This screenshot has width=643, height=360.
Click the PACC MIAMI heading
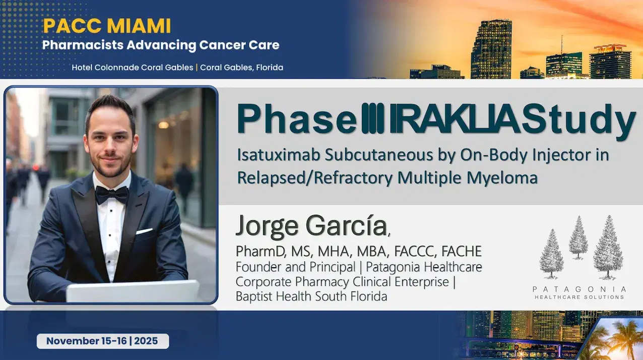tap(107, 25)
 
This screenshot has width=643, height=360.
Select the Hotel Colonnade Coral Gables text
tap(132, 67)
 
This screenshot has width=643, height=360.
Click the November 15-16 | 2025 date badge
tap(102, 341)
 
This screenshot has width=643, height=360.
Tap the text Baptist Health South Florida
tap(311, 296)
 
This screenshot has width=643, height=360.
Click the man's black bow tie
tap(112, 194)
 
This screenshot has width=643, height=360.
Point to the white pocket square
tap(145, 231)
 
